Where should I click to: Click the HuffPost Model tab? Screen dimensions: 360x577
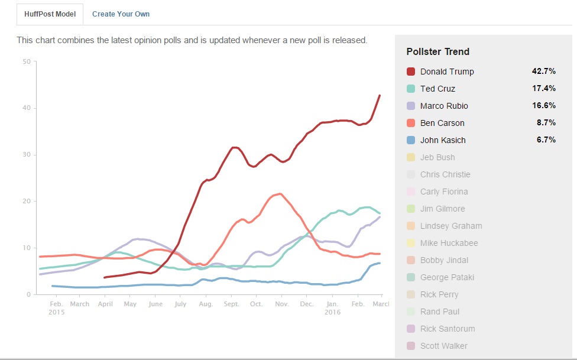click(50, 14)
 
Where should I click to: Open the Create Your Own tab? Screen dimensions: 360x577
click(121, 14)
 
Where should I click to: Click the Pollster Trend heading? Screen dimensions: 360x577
click(437, 51)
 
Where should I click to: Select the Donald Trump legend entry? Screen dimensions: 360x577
click(447, 72)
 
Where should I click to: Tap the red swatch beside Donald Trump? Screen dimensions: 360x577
click(411, 72)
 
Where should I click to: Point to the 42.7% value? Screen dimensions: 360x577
click(543, 71)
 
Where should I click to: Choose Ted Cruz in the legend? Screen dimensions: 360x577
click(437, 89)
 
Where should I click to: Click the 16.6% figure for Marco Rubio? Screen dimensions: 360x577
click(543, 105)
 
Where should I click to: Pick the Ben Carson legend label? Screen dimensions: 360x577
click(442, 123)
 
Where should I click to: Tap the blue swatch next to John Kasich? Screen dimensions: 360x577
click(411, 140)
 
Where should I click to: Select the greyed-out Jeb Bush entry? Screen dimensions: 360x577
click(437, 157)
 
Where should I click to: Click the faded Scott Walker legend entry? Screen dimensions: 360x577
click(443, 346)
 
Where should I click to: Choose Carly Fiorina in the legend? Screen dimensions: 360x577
click(444, 192)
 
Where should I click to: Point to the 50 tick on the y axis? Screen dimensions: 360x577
click(26, 61)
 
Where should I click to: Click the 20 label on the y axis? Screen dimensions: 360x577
click(26, 201)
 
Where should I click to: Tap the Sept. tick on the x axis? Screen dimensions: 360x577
click(231, 304)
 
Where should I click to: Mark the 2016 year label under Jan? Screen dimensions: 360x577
click(333, 312)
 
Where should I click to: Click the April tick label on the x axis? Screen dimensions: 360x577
click(105, 304)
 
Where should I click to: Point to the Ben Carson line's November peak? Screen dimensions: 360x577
click(279, 193)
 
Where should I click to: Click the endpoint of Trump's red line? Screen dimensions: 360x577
click(380, 95)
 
